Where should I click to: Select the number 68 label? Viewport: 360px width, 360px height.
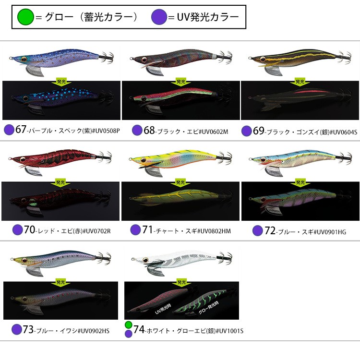pyautogui.click(x=150, y=130)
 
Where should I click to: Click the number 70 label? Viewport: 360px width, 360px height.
pyautogui.click(x=30, y=230)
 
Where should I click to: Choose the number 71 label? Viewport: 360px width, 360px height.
pyautogui.click(x=148, y=230)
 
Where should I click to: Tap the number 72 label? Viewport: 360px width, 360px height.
pyautogui.click(x=270, y=231)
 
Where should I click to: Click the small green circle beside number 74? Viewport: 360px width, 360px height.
pyautogui.click(x=128, y=325)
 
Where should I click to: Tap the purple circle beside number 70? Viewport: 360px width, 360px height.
pyautogui.click(x=18, y=230)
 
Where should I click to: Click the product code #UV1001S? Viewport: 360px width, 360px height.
pyautogui.click(x=229, y=330)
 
